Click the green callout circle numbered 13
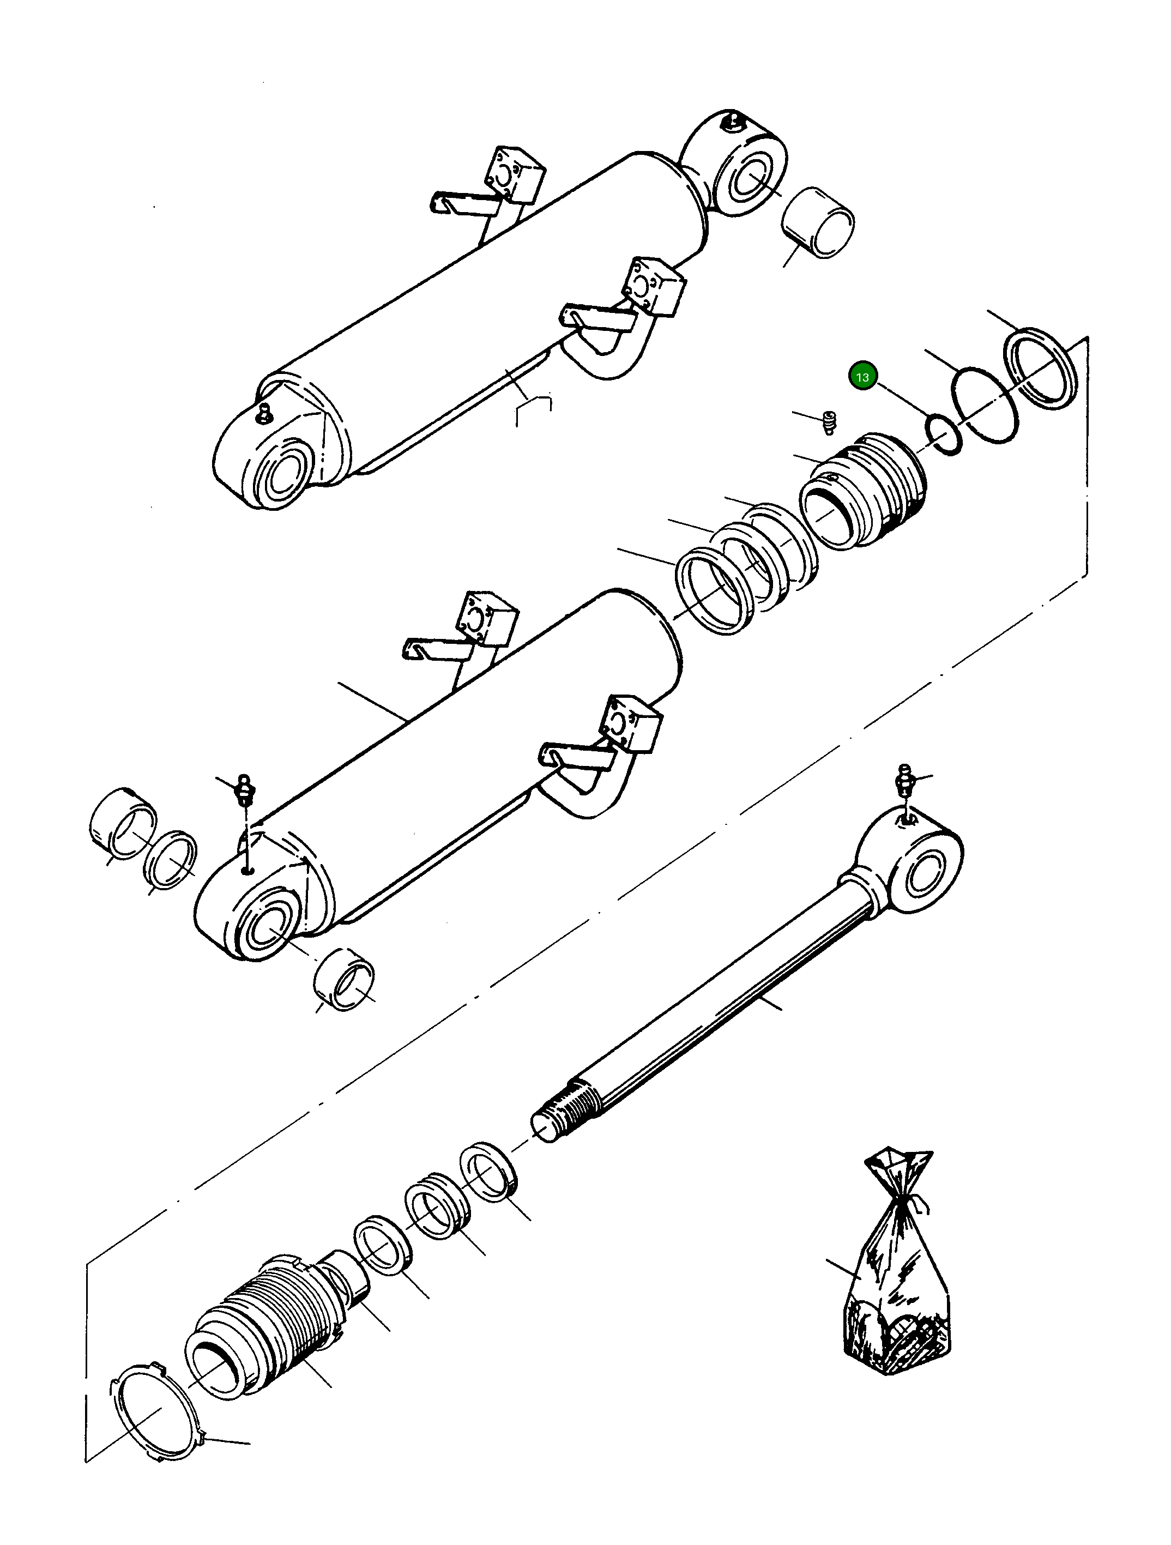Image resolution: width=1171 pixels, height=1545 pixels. (x=863, y=377)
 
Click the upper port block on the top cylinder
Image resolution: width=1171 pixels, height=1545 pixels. (x=516, y=174)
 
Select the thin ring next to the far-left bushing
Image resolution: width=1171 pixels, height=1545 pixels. (x=171, y=860)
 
